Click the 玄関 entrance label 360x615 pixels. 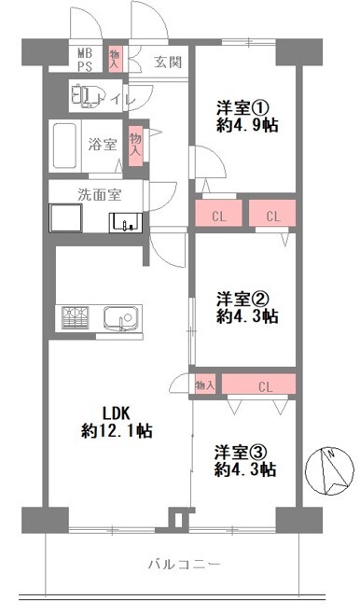click(168, 63)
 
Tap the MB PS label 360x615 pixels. click(85, 60)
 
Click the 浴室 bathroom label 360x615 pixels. click(102, 145)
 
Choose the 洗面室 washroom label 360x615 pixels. click(97, 196)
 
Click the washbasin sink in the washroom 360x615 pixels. click(125, 223)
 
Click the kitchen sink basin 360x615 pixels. click(119, 317)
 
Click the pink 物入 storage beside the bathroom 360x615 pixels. click(136, 145)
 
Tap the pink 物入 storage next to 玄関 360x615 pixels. click(116, 59)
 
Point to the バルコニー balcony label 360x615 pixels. click(184, 565)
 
